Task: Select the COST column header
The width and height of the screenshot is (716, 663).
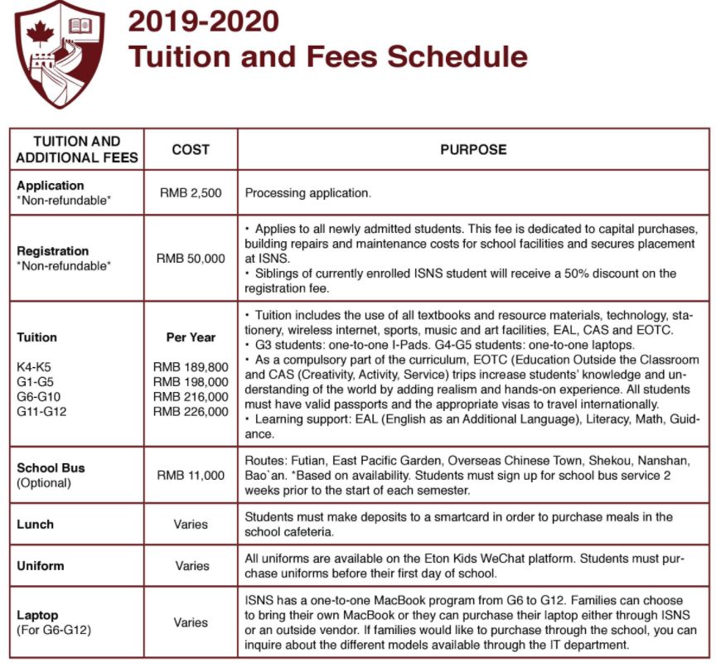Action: [x=191, y=150]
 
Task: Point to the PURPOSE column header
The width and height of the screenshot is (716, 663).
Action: [x=473, y=150]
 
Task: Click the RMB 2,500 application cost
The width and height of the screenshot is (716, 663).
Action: [x=191, y=192]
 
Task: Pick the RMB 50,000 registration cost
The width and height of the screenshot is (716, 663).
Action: [x=191, y=259]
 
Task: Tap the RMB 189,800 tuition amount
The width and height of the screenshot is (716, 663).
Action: [x=191, y=366]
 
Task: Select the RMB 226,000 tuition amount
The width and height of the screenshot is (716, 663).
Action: [x=191, y=411]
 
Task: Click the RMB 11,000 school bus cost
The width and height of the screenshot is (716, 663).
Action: [x=191, y=475]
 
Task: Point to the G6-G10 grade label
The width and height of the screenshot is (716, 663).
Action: [x=38, y=396]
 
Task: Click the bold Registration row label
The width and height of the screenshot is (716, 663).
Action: [x=52, y=250]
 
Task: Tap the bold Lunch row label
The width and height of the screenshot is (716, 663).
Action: [x=35, y=524]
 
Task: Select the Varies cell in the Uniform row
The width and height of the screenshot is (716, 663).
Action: [x=191, y=566]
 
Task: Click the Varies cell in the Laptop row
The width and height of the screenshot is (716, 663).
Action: [x=191, y=622]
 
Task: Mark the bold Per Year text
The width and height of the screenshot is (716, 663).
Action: [x=191, y=337]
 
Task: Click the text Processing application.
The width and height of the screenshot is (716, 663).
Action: [x=307, y=192]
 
